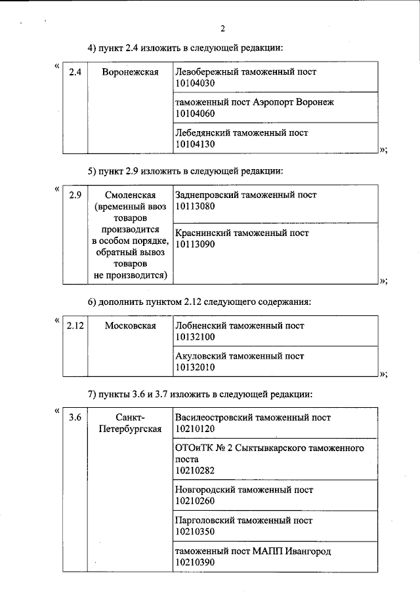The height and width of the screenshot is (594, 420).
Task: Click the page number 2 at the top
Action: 222,28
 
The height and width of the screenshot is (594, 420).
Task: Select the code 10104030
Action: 196,83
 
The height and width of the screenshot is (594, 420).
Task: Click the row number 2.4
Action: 75,72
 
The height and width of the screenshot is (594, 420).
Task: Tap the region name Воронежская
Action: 131,72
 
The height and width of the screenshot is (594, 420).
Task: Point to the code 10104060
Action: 196,114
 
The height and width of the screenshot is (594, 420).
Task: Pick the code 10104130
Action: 196,144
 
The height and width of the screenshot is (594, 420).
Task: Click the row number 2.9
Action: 75,195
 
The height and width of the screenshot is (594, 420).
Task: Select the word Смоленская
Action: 131,195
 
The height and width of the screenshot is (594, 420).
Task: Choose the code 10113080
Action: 196,207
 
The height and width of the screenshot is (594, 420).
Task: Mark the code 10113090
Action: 196,244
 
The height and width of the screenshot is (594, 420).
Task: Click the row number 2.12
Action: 76,326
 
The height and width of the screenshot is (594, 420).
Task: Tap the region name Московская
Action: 131,326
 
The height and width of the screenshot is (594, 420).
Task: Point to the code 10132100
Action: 196,337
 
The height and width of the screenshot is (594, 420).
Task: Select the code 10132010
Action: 196,368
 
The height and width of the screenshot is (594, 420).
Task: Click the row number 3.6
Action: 75,417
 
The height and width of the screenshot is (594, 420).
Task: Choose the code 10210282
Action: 196,470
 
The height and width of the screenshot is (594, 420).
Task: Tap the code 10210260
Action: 196,501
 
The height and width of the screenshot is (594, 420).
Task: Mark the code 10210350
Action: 196,532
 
